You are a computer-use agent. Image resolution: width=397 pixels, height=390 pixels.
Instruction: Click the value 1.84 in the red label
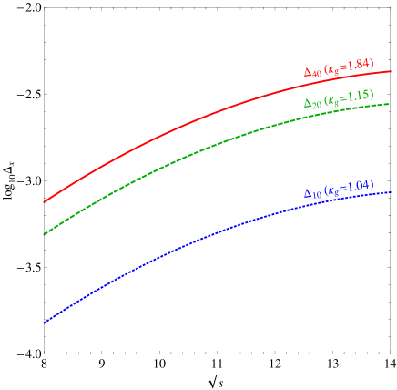tap(359, 65)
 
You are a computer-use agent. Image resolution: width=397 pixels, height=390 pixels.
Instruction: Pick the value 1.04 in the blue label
tap(359, 186)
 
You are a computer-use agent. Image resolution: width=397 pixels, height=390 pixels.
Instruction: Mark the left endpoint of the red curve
tap(44, 201)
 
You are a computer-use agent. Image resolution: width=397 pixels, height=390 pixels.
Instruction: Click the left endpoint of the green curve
tap(44, 234)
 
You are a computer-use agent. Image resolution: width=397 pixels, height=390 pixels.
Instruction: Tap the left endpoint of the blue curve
tap(44, 323)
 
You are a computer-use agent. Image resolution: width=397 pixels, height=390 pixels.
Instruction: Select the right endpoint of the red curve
tap(391, 71)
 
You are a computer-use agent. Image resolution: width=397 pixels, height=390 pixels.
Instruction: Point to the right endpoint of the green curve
tap(391, 103)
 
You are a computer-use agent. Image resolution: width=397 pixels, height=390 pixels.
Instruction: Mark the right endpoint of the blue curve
tap(391, 191)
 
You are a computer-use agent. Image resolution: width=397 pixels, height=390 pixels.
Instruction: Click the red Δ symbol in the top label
tap(308, 69)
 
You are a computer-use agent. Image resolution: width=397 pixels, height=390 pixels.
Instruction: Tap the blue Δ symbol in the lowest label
tap(308, 192)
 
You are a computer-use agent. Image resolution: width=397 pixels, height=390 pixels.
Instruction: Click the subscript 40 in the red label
tap(317, 73)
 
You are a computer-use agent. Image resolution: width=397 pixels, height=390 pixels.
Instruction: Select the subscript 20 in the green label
tap(317, 106)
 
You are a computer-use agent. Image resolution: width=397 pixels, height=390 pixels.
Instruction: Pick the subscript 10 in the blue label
tap(317, 195)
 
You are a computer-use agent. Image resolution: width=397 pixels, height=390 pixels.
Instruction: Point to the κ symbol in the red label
tap(332, 67)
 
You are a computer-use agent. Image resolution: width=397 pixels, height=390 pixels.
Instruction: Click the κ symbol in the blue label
tap(332, 189)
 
